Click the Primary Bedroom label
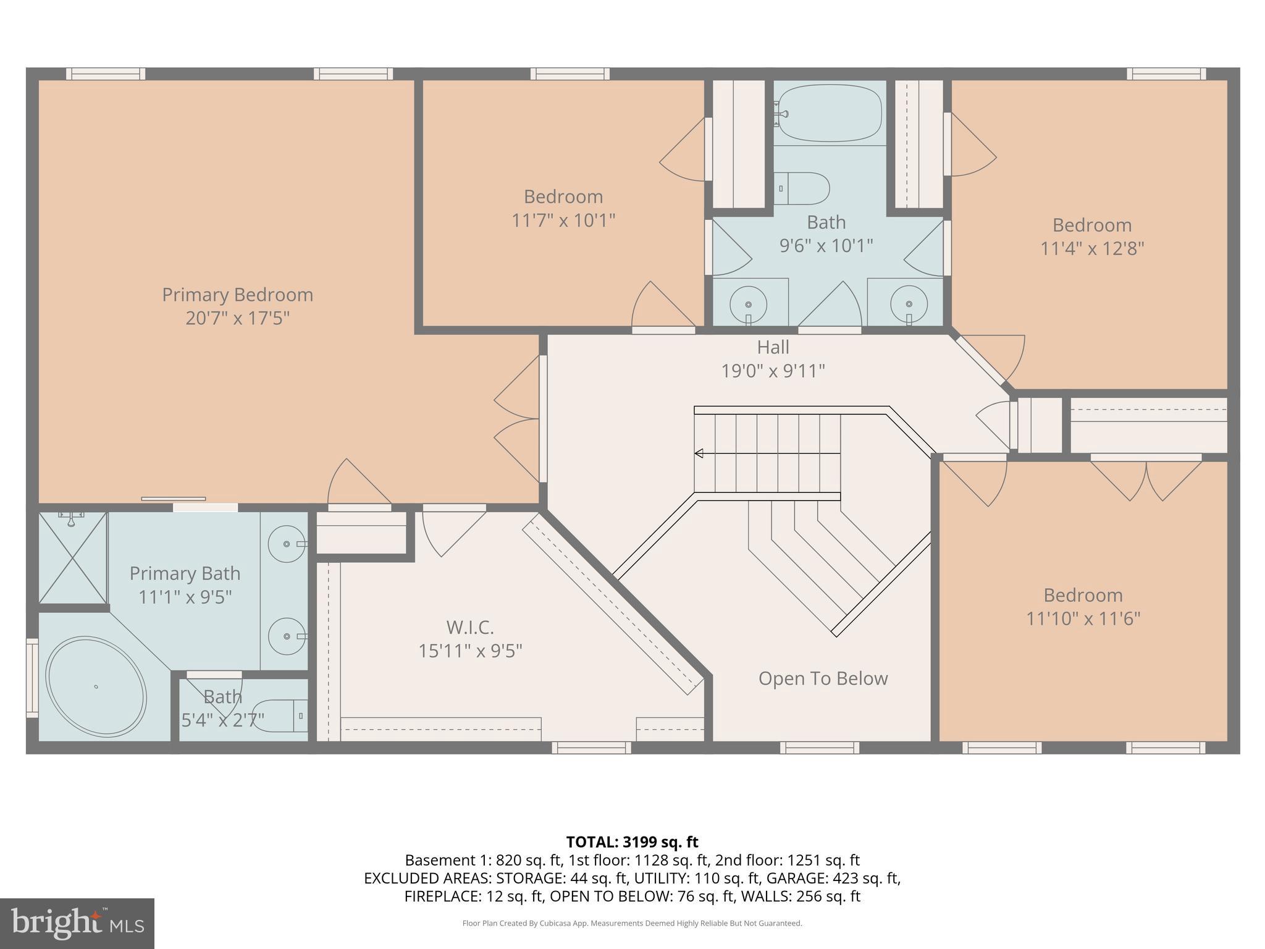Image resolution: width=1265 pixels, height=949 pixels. point(237,295)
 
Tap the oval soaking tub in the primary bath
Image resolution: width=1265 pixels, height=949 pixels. point(96,686)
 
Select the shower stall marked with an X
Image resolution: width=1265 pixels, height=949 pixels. point(73,558)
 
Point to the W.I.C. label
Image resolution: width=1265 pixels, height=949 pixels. point(470,628)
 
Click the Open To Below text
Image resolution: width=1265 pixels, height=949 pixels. point(823,678)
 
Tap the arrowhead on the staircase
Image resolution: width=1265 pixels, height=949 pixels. point(699,453)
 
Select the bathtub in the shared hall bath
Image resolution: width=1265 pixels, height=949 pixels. point(829,113)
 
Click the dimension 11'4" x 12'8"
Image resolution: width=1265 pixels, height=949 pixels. point(1092,248)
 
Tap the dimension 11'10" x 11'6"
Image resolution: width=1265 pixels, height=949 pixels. point(1083,618)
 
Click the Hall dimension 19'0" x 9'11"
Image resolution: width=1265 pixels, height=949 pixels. point(773,371)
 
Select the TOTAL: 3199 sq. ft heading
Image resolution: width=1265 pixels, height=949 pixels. point(632,841)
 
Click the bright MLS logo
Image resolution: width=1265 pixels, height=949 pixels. point(77,923)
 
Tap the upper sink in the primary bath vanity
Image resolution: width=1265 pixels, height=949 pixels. point(287,544)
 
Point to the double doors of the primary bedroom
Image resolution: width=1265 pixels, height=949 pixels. point(518,419)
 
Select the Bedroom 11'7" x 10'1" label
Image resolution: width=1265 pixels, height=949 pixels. point(563,208)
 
